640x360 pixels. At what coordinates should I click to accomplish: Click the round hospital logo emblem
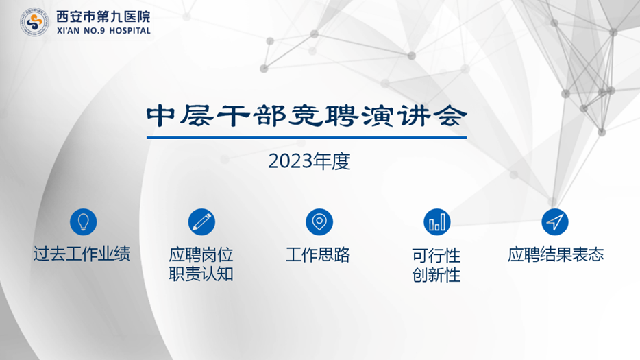(x=34, y=23)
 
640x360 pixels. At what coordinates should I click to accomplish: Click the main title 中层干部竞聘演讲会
(x=306, y=116)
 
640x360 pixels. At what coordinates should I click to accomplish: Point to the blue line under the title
(x=306, y=137)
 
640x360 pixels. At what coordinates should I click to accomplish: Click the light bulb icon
(x=84, y=221)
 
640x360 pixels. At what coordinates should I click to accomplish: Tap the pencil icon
(x=201, y=221)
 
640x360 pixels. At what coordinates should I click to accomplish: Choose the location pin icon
(x=319, y=221)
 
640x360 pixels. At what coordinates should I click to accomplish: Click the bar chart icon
(x=436, y=221)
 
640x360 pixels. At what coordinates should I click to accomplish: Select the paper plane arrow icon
(x=555, y=221)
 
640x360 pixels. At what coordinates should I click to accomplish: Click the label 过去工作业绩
(x=82, y=254)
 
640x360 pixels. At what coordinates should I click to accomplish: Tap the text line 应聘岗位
(x=201, y=255)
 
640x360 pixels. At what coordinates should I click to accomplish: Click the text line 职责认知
(x=201, y=275)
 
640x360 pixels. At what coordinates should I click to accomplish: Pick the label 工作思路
(x=318, y=255)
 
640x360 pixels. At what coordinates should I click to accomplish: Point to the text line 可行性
(x=436, y=256)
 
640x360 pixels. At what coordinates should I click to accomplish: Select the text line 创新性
(x=436, y=276)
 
